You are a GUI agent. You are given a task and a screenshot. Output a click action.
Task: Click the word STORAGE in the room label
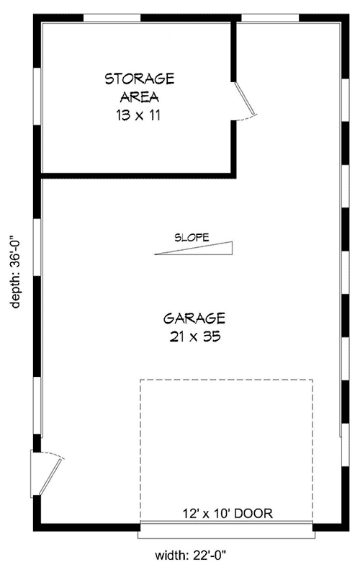[x=140, y=79]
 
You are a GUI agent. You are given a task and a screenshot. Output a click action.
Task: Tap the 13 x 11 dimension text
[x=138, y=115]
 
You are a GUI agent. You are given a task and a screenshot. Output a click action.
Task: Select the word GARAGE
[x=194, y=318]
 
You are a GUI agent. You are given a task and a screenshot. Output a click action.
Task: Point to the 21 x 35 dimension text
[x=195, y=336]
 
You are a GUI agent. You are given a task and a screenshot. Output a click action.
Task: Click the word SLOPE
[x=192, y=237]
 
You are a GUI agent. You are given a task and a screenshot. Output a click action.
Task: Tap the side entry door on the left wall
[x=47, y=473]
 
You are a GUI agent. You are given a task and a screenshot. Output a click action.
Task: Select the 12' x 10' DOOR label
[x=228, y=513]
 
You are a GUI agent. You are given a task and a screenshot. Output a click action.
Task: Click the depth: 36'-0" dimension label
[x=15, y=271]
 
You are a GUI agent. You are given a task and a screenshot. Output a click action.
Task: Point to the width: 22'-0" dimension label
[x=190, y=556]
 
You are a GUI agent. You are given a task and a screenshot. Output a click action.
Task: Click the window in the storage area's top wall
[x=112, y=18]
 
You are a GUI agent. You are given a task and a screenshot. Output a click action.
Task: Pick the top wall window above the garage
[x=270, y=18]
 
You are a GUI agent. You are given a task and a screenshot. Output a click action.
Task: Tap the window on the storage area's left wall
[x=37, y=97]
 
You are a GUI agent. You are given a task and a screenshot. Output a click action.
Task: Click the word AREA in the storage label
[x=140, y=97]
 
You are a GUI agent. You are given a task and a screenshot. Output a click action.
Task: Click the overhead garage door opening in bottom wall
[x=226, y=530]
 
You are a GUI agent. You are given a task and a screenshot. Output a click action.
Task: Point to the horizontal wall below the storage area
[x=138, y=176]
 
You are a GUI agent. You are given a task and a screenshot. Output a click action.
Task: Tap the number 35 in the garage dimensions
[x=211, y=336]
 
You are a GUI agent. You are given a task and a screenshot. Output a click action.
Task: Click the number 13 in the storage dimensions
[x=122, y=115]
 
